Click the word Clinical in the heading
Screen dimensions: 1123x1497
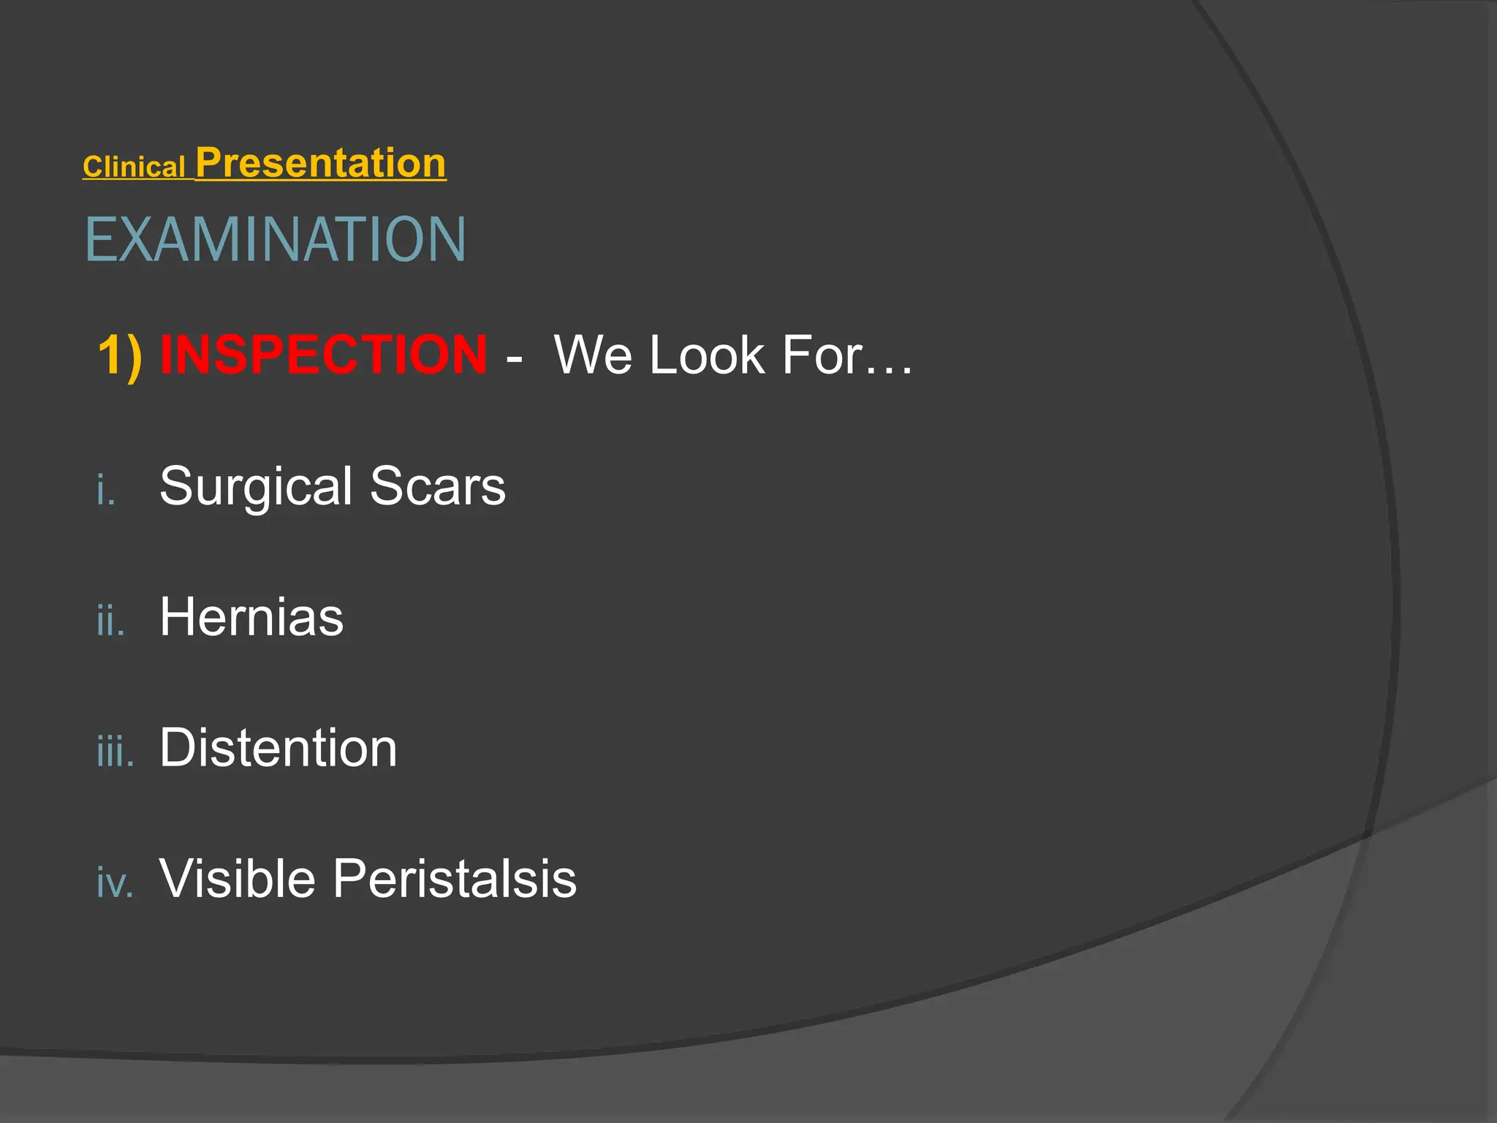pyautogui.click(x=134, y=167)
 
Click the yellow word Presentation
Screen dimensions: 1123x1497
pyautogui.click(x=320, y=162)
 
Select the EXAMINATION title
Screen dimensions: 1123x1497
pyautogui.click(x=276, y=240)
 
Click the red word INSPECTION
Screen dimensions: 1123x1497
pyautogui.click(x=323, y=355)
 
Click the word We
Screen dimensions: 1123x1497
pyautogui.click(x=593, y=355)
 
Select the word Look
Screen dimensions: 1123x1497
pyautogui.click(x=707, y=355)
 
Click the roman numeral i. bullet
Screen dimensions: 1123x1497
pyautogui.click(x=106, y=489)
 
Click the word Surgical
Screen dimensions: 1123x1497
pyautogui.click(x=256, y=486)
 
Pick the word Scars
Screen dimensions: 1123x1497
pyautogui.click(x=437, y=486)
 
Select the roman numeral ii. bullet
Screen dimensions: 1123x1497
pyautogui.click(x=110, y=620)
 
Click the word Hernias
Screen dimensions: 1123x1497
pyautogui.click(x=251, y=617)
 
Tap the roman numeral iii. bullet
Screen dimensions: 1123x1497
pyautogui.click(x=115, y=751)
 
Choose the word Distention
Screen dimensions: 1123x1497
pyautogui.click(x=278, y=748)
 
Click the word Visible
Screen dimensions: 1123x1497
pyautogui.click(x=238, y=878)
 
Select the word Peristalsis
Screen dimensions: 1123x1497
pyautogui.click(x=455, y=878)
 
